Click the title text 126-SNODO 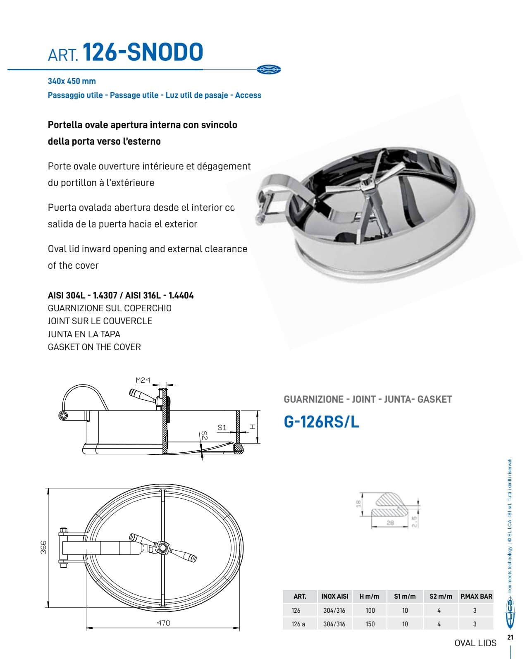click(x=143, y=52)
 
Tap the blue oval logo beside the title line click(x=269, y=69)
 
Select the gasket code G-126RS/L click(x=321, y=422)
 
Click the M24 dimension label click(x=143, y=380)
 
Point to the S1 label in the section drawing click(x=222, y=427)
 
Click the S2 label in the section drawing click(x=204, y=435)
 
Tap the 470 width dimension click(x=163, y=623)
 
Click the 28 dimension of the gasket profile click(x=390, y=523)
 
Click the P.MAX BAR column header click(x=476, y=596)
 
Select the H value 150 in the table click(x=370, y=624)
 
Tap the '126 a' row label click(x=298, y=624)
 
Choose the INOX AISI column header click(x=334, y=596)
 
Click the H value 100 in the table click(x=370, y=610)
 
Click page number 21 click(x=510, y=637)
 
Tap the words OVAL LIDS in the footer click(x=475, y=643)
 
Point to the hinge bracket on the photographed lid click(x=271, y=194)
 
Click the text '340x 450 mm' click(x=72, y=81)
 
